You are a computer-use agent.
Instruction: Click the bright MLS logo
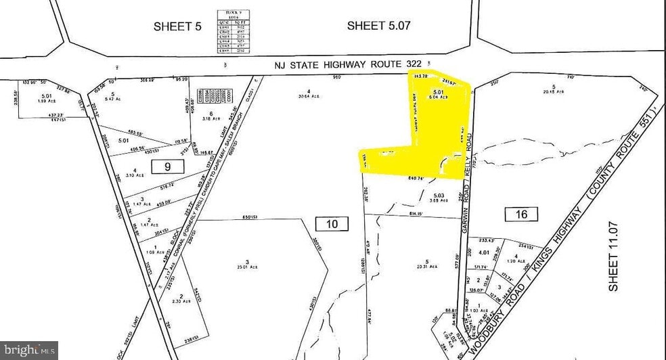point(28,350)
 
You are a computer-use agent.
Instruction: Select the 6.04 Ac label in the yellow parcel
point(439,97)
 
